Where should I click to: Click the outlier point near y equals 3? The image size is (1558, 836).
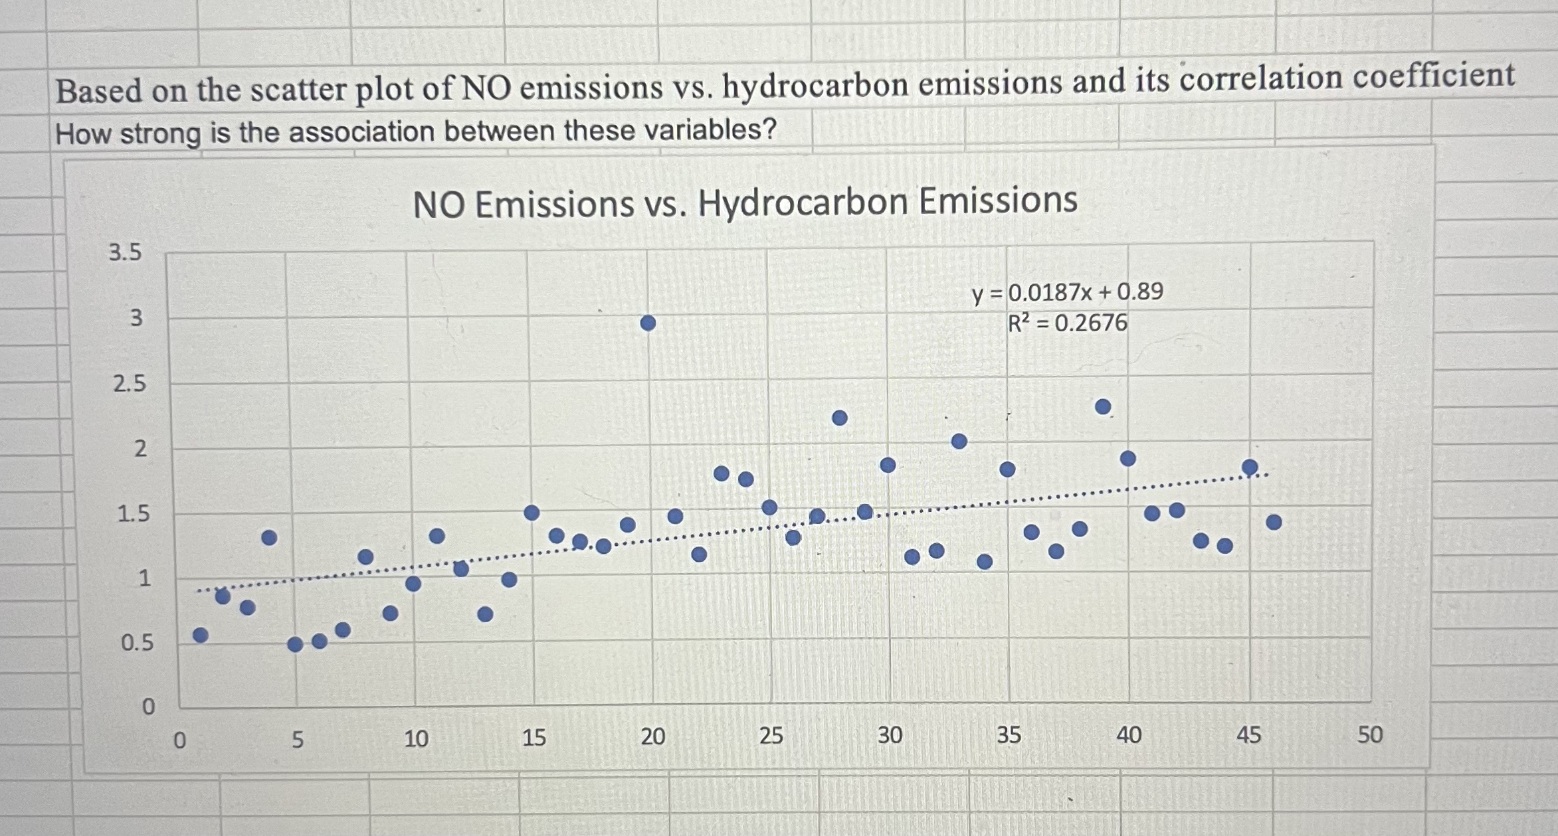(648, 323)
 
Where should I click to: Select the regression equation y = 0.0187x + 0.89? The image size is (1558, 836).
(1068, 292)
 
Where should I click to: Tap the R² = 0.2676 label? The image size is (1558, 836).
(1068, 323)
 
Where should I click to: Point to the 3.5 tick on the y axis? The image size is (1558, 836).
(125, 252)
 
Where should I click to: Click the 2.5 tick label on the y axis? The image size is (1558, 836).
(129, 384)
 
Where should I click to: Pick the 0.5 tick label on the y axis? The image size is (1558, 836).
(137, 643)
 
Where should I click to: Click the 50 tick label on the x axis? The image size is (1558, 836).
(1369, 734)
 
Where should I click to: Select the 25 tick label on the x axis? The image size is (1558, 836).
(771, 736)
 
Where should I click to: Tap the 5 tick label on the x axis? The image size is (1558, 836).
(297, 739)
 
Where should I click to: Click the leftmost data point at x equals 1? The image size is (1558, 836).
(201, 635)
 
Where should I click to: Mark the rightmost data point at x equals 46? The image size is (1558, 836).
(1274, 523)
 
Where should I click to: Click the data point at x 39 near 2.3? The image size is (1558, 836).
(1103, 406)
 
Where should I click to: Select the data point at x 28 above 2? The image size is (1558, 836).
(840, 418)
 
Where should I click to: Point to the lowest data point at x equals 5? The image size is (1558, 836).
(296, 644)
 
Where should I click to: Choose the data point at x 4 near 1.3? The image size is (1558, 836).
(269, 537)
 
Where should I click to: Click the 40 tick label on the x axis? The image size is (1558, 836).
(1128, 735)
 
